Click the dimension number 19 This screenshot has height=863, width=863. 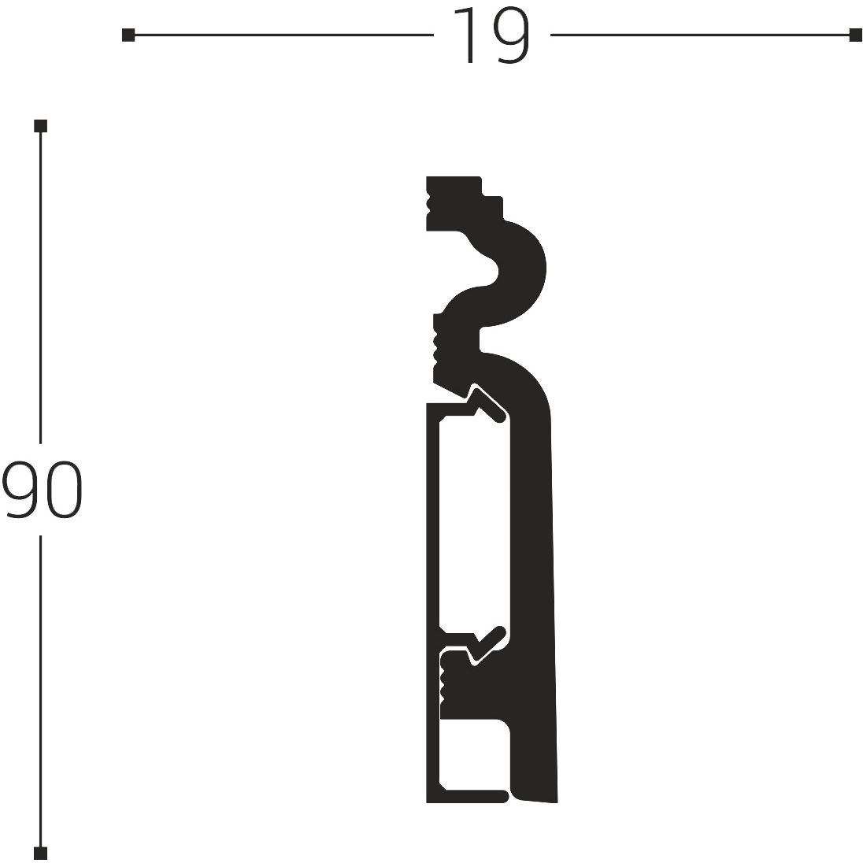click(x=491, y=35)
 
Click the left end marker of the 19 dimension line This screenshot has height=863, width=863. click(x=128, y=35)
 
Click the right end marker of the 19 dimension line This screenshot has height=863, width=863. click(x=855, y=35)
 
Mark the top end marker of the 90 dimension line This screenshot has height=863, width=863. click(x=41, y=126)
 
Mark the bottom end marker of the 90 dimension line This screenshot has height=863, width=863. click(x=41, y=853)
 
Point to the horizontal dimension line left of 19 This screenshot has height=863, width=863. click(x=283, y=35)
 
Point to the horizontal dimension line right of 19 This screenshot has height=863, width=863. click(x=701, y=35)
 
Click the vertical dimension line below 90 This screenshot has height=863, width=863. click(x=41, y=693)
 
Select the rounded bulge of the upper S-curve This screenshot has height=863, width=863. click(x=524, y=276)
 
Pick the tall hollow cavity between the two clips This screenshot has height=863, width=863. click(x=472, y=520)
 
